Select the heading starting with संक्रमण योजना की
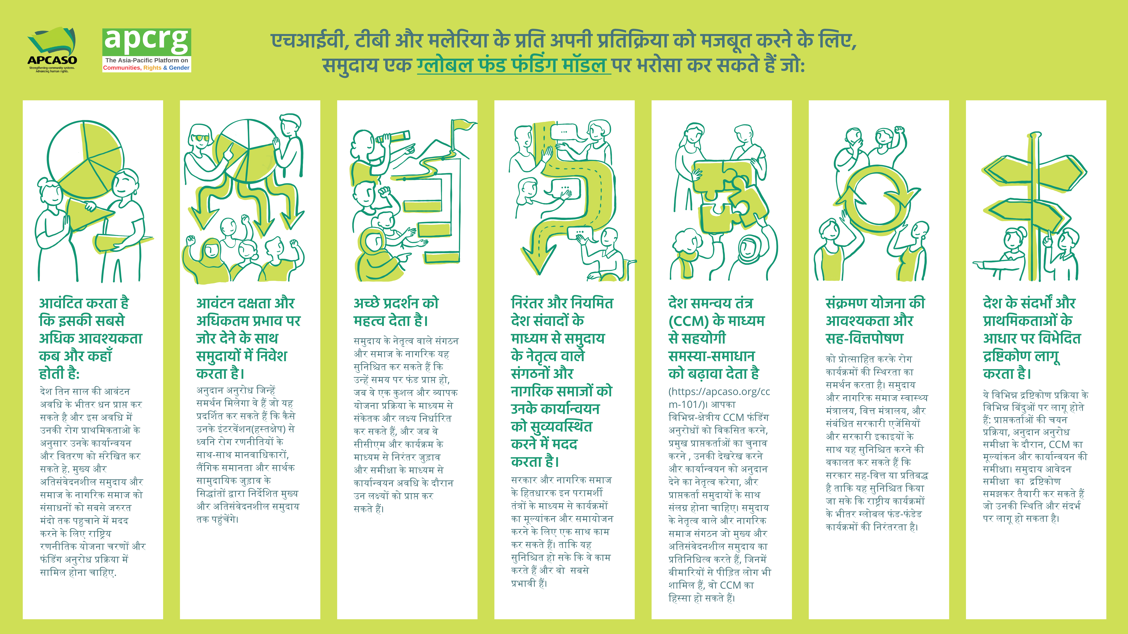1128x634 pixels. [x=875, y=321]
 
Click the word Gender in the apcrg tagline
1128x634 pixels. [x=179, y=68]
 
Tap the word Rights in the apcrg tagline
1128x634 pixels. [x=152, y=68]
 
